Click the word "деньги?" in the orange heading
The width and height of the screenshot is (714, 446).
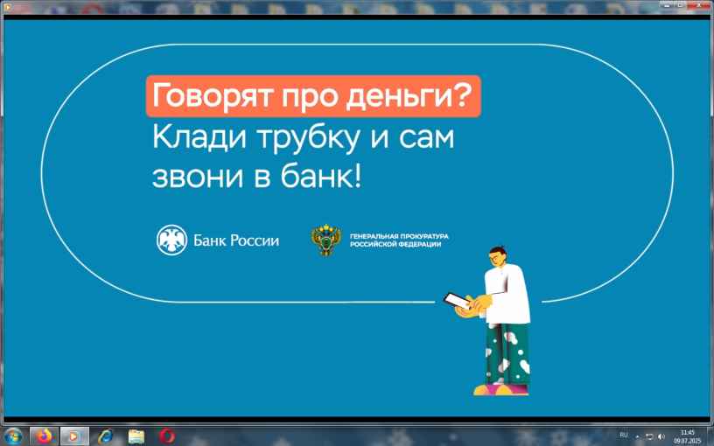(x=409, y=96)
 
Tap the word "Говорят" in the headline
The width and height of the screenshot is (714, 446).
(x=213, y=96)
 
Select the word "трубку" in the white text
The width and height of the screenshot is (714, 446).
(x=308, y=138)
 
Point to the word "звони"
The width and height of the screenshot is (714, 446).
(x=198, y=177)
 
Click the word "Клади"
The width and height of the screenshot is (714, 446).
(x=199, y=137)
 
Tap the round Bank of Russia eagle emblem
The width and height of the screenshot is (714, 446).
(x=171, y=240)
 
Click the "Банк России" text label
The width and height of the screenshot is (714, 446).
(x=236, y=240)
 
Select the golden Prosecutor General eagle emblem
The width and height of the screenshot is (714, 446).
(x=326, y=240)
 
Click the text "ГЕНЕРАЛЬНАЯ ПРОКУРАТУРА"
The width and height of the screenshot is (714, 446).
(x=399, y=236)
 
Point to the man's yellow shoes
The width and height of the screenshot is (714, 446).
(x=500, y=389)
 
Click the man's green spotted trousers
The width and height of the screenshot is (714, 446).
(x=507, y=353)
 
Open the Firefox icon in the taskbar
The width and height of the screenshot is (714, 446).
(x=44, y=436)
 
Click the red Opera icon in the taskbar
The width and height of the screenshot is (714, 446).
(x=167, y=436)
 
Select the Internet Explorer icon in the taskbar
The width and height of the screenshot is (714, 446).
(x=106, y=436)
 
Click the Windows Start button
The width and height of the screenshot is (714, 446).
(x=13, y=436)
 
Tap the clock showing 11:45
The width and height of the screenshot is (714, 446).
(x=688, y=432)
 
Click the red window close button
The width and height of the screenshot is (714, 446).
(x=699, y=5)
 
